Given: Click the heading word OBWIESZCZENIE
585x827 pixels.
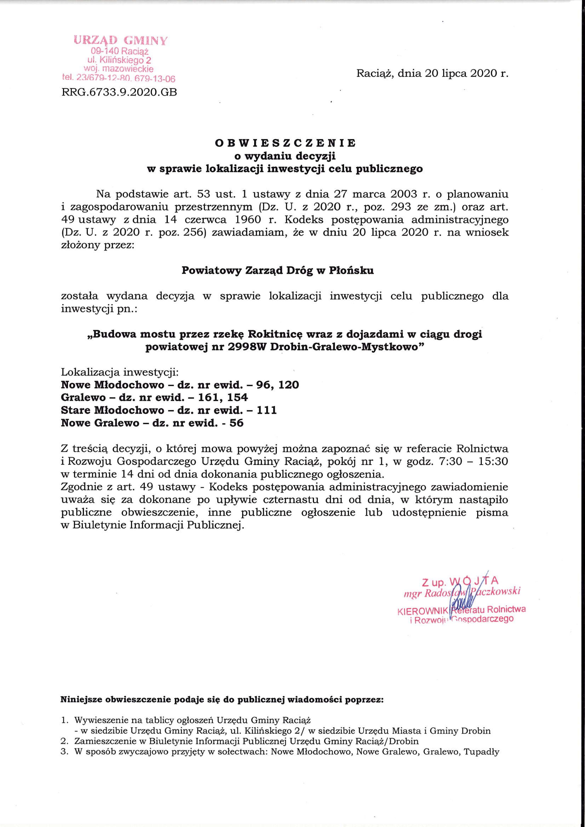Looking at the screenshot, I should [x=285, y=143].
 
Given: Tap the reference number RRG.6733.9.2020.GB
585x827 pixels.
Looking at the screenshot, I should [x=119, y=93].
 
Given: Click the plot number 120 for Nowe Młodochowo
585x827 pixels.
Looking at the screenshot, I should [x=287, y=385].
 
